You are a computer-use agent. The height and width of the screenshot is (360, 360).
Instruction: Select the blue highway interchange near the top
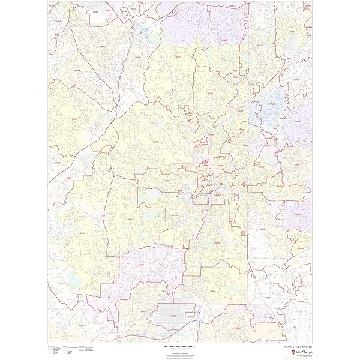(143, 27)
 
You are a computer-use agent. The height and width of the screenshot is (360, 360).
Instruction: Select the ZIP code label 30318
(155, 142)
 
